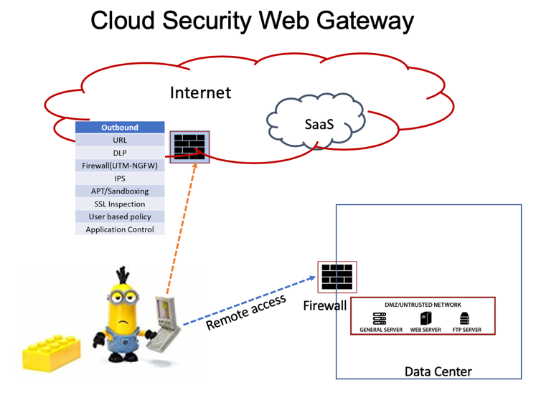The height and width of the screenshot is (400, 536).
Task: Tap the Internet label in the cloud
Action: (200, 92)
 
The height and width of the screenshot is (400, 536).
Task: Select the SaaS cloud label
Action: (319, 124)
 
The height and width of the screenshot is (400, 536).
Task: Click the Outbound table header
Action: (120, 127)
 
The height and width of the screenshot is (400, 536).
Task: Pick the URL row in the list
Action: (120, 140)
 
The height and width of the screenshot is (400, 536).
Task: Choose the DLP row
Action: (120, 153)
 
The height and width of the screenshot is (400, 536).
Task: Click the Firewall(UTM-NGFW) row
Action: (120, 166)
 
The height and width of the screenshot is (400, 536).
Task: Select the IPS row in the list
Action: (120, 178)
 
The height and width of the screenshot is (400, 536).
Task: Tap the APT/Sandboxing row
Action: (120, 191)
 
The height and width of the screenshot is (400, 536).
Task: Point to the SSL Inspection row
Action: (120, 204)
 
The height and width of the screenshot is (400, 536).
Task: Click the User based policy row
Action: (120, 216)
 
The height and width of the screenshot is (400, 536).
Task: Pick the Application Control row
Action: (120, 229)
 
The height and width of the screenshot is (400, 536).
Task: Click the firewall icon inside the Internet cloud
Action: (189, 147)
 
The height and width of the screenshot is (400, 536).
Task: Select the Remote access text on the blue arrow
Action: (245, 313)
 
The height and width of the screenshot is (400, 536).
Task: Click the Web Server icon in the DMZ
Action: (425, 318)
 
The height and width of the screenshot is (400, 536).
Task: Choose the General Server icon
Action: (380, 318)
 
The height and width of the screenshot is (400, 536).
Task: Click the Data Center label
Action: (438, 371)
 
